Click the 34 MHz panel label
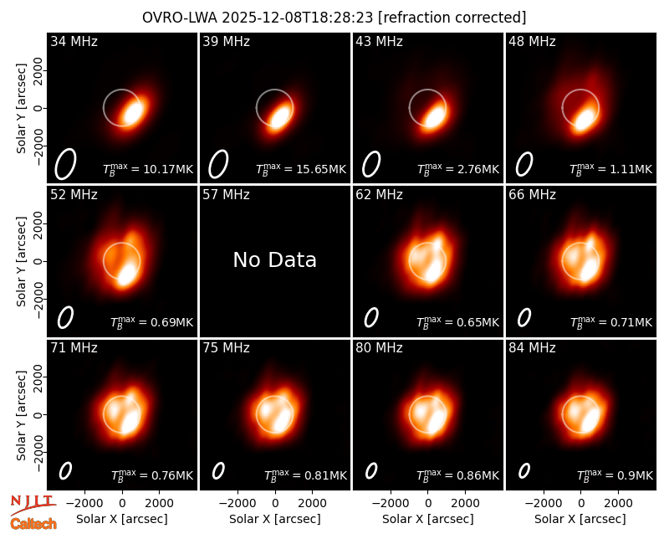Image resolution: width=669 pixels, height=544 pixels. tap(74, 41)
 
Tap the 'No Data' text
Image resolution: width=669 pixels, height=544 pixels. tap(275, 259)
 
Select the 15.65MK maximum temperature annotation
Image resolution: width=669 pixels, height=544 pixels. tap(301, 169)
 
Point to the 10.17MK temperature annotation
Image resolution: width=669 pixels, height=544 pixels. tap(148, 169)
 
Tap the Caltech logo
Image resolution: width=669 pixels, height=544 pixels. tap(33, 524)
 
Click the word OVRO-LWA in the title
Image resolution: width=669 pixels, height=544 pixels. tap(180, 18)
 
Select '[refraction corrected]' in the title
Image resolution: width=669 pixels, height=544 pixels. tap(452, 18)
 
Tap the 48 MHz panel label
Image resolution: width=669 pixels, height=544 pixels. tap(532, 41)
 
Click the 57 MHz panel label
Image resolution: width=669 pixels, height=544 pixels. tap(226, 195)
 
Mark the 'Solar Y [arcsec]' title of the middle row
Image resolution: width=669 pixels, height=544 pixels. tap(21, 261)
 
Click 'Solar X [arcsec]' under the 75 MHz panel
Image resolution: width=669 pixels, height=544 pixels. tap(275, 519)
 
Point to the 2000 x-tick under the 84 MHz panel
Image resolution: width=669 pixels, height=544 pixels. tap(618, 504)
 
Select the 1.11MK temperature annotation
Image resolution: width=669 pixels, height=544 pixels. tap(611, 169)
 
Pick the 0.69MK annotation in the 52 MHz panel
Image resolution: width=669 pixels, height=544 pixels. tap(152, 322)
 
